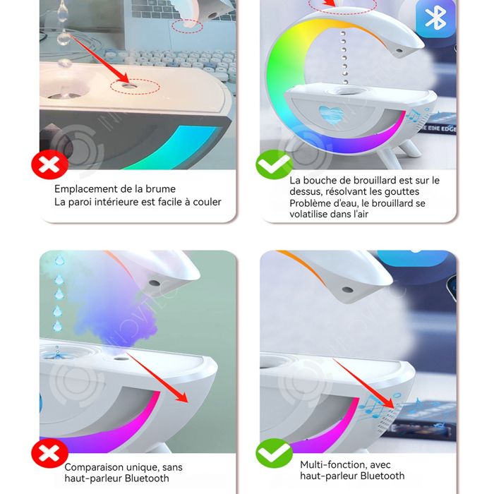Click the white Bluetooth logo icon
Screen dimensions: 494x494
coord(435,17)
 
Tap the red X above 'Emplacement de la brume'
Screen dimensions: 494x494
coord(50,164)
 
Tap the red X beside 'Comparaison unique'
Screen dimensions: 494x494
coord(49,453)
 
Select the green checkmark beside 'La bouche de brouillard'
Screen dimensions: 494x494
coord(274,164)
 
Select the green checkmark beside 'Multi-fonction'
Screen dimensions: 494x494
coord(274,453)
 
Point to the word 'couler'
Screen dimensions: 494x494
coord(207,202)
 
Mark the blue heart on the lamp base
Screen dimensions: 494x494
coord(330,114)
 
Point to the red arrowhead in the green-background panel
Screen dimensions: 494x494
coord(182,397)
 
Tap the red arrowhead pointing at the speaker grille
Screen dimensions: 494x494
coord(388,403)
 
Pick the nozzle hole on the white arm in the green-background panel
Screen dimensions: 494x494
coord(154,282)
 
